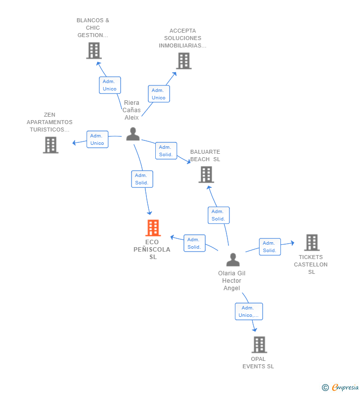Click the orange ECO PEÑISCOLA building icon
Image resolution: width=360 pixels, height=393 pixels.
(153, 228)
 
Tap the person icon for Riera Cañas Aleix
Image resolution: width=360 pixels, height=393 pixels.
(133, 134)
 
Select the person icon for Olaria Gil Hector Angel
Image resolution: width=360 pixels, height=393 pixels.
(233, 260)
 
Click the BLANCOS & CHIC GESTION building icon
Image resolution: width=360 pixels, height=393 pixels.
(94, 50)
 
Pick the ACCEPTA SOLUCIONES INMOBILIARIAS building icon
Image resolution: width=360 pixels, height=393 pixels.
(184, 61)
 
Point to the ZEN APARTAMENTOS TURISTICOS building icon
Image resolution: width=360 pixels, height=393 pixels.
(50, 145)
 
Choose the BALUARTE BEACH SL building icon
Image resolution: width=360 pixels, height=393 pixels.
(206, 175)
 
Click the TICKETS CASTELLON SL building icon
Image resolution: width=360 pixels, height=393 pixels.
(312, 243)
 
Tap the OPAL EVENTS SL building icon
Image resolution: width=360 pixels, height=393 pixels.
(259, 345)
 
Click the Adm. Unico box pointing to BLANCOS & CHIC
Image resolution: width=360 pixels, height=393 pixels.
(110, 85)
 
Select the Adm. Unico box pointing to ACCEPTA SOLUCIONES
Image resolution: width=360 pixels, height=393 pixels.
(159, 94)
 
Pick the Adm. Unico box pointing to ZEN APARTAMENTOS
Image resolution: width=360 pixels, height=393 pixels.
(97, 139)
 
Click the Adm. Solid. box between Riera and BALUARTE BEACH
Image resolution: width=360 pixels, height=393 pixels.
(166, 151)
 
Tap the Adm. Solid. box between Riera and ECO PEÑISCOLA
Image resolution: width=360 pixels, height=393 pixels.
(142, 179)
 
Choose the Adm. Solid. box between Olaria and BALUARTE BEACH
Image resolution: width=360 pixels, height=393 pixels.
(219, 216)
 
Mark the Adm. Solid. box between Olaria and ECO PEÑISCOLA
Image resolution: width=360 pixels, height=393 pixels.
(194, 243)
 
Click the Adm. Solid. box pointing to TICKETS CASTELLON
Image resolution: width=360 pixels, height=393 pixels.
(270, 247)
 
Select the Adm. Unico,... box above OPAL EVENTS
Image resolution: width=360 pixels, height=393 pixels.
(249, 311)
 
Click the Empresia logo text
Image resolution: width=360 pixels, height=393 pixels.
(345, 387)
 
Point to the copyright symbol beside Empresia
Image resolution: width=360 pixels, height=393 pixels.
(325, 388)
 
